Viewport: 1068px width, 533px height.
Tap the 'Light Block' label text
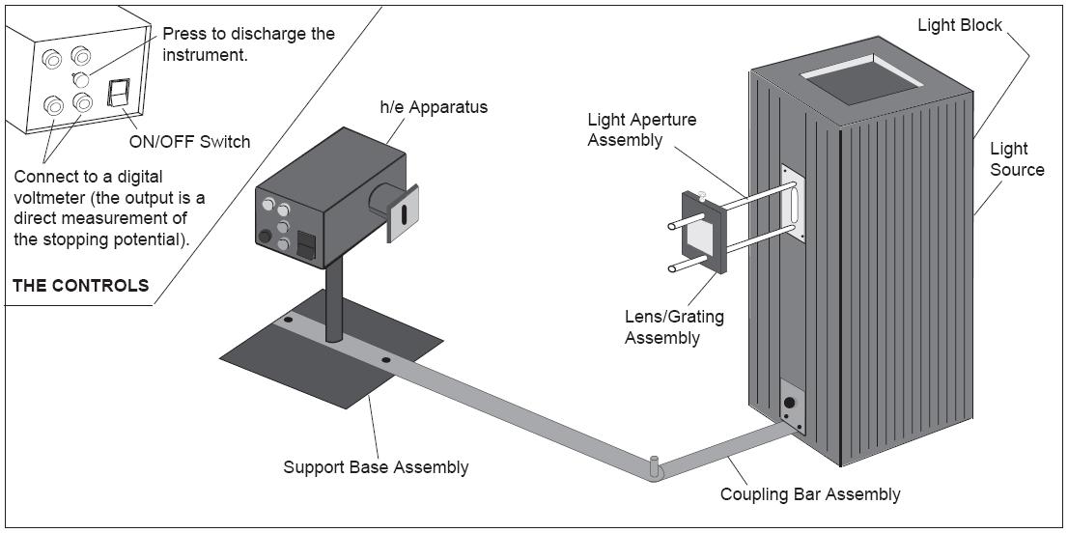962,24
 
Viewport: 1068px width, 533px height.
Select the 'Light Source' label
1017,159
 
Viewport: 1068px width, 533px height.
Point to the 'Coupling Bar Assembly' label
810,494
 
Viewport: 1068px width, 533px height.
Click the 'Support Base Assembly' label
376,467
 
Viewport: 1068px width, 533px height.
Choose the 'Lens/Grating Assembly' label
674,326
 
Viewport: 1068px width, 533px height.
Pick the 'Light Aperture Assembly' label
642,129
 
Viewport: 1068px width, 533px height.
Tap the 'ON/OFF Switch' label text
189,142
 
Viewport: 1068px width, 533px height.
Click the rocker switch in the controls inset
118,92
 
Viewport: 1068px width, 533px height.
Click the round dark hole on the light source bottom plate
790,402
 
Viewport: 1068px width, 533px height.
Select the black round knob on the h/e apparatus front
263,237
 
